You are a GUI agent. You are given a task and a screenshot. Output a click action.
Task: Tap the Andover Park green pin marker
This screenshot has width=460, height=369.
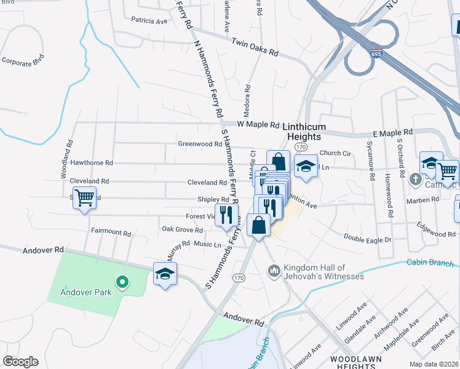122,282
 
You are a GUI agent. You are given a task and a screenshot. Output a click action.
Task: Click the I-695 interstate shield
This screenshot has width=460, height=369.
376,54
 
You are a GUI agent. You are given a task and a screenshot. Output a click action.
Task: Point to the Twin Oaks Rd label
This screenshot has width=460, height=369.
255,47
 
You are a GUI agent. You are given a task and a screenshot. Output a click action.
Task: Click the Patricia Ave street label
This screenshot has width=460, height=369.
149,21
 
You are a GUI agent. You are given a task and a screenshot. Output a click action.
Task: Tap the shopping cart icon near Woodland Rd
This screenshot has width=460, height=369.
85,198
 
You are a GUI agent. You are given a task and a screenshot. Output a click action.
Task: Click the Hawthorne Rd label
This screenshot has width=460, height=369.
92,163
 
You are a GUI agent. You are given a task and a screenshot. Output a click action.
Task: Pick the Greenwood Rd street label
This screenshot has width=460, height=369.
200,144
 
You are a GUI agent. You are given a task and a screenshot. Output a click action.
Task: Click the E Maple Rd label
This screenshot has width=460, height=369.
392,133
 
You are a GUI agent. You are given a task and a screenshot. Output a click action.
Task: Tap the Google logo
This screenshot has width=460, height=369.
20,361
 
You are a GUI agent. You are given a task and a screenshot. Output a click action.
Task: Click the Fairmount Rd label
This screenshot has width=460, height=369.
111,234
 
